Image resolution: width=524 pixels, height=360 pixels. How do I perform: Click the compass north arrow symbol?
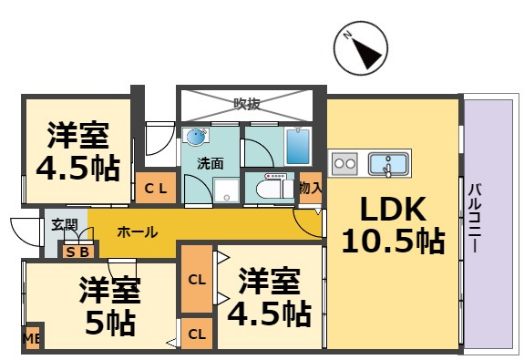tap(361, 47)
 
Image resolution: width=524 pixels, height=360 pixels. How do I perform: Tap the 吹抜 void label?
tap(247, 104)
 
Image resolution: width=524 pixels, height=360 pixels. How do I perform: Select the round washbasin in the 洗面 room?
tap(196, 137)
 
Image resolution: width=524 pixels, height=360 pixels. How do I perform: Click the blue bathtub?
tap(298, 147)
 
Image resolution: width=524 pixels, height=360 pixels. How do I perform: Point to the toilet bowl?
tap(270, 190)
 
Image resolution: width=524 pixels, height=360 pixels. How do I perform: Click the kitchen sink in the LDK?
tap(388, 164)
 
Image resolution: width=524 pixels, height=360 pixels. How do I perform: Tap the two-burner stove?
tap(345, 163)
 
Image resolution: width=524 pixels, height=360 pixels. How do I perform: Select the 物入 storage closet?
tap(311, 188)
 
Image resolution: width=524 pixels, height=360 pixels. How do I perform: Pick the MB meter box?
tap(32, 339)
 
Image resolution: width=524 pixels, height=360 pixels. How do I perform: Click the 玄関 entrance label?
tap(65, 224)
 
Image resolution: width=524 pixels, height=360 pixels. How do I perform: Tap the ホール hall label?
tap(138, 231)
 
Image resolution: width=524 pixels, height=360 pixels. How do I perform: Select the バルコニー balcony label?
tap(475, 218)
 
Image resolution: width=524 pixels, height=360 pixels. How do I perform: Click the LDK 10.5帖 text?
tap(393, 224)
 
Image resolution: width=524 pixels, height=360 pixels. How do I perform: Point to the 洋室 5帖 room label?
tap(109, 306)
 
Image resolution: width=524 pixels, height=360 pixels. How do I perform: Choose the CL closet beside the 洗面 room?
tap(156, 188)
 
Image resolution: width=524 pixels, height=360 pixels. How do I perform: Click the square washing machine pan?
tap(227, 190)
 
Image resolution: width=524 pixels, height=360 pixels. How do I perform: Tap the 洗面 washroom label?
tap(210, 163)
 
